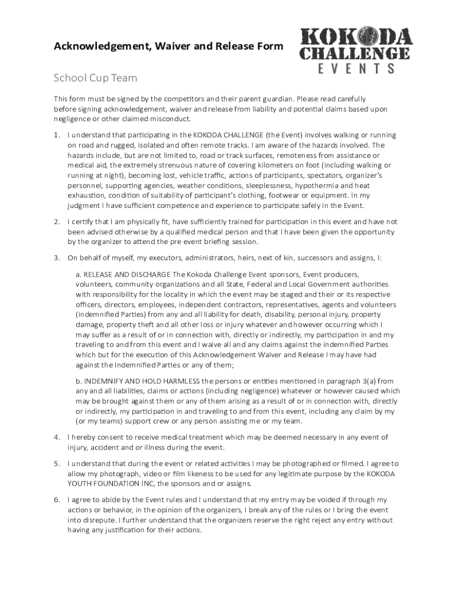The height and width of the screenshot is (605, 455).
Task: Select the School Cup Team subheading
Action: tap(95, 78)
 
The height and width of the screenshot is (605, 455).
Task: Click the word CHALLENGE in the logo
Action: tap(354, 54)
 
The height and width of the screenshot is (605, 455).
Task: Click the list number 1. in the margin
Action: tap(57, 135)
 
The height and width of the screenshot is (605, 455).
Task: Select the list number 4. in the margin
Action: tap(57, 437)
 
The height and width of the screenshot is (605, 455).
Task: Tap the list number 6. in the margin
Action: tap(57, 499)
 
